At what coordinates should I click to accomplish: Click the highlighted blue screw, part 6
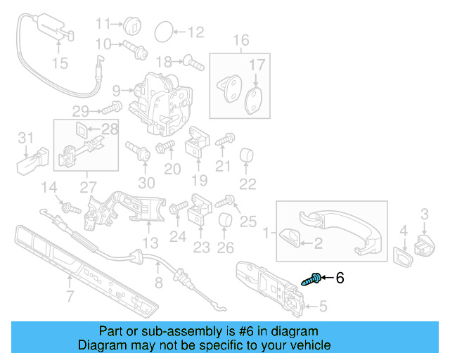[311, 279]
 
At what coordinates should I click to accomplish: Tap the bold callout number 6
[340, 278]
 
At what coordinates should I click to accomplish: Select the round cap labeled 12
[164, 32]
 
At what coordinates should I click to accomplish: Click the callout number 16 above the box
[240, 40]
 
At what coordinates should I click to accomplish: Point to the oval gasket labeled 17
[255, 101]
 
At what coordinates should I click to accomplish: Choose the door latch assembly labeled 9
[160, 103]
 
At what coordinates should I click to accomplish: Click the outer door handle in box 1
[340, 230]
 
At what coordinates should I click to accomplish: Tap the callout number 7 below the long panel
[70, 296]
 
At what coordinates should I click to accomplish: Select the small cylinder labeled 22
[247, 155]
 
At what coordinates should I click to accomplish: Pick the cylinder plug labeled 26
[225, 220]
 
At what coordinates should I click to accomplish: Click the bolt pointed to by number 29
[112, 108]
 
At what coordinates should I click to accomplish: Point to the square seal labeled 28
[82, 129]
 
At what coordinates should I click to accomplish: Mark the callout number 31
[26, 138]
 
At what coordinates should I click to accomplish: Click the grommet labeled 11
[132, 24]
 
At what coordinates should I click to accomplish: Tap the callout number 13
[150, 243]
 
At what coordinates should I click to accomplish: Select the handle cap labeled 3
[425, 245]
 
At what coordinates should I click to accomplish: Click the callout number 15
[60, 63]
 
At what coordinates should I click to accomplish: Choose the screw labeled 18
[194, 63]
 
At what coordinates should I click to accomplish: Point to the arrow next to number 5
[311, 307]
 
